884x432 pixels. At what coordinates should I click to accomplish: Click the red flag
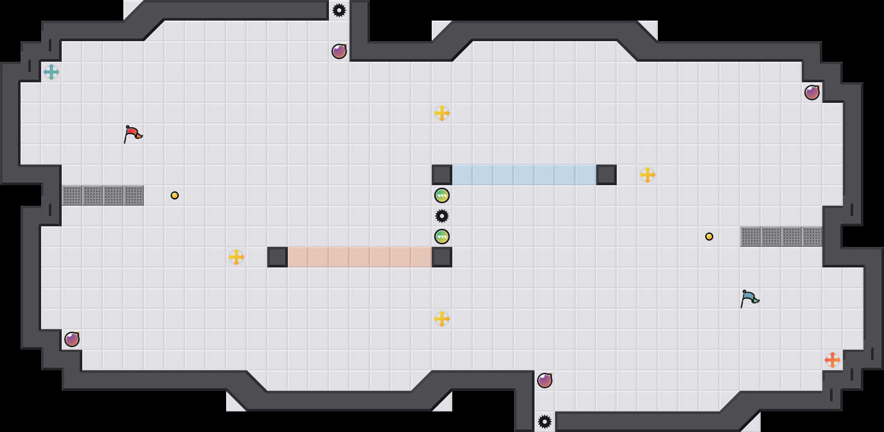133,134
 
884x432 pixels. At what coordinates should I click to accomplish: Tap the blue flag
749,298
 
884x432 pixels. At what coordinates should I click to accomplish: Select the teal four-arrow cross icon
51,72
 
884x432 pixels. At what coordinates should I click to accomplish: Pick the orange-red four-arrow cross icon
833,360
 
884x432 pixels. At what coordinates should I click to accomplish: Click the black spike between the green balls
442,216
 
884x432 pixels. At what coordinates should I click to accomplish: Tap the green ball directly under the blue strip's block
442,195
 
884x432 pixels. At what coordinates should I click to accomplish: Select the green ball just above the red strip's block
442,237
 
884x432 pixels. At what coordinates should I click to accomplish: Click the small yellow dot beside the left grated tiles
175,195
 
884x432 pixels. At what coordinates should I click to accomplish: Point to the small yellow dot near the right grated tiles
709,237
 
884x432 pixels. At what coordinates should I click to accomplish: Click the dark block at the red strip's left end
278,257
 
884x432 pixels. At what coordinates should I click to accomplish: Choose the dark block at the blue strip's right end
606,175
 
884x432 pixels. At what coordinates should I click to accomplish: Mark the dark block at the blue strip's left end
442,175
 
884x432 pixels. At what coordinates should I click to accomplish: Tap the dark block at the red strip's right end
442,257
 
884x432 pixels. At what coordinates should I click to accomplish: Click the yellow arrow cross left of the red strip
236,257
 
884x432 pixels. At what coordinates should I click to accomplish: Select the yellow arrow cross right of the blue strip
648,175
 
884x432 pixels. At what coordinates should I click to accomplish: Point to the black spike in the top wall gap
339,10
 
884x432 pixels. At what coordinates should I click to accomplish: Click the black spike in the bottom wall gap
545,422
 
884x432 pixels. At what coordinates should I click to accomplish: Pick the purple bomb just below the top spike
339,51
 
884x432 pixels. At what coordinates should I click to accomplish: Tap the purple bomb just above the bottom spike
545,381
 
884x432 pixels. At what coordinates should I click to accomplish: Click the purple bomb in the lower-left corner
72,339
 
